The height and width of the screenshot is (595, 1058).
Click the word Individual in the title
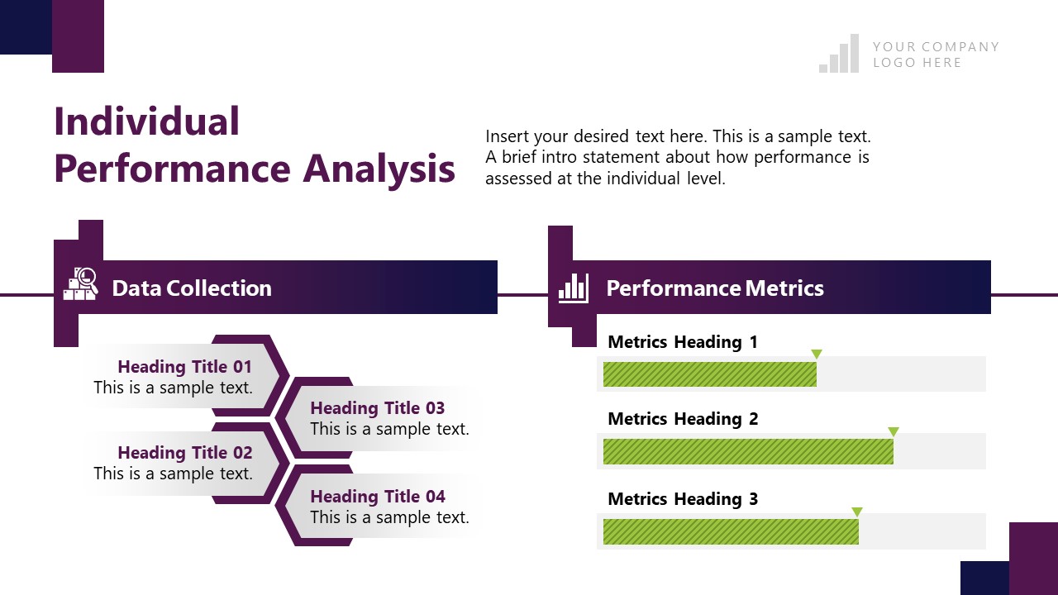[x=146, y=121]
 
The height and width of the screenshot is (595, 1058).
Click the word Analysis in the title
[x=379, y=169]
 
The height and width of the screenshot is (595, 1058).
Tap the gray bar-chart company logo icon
[x=839, y=55]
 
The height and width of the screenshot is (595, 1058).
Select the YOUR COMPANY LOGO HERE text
[x=935, y=55]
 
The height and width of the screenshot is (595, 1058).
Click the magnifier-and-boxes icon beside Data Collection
[x=81, y=284]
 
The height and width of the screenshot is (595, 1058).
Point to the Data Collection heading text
[x=191, y=288]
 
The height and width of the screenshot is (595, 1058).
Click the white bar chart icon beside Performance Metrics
[x=574, y=288]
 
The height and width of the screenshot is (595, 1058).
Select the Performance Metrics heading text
[x=714, y=288]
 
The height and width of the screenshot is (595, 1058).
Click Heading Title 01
[x=184, y=367]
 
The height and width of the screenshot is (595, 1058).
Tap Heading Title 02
[x=184, y=453]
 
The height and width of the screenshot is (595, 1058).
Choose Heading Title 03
[x=377, y=408]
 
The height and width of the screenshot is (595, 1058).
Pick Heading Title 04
[x=377, y=497]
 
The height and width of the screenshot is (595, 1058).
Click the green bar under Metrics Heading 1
[x=709, y=374]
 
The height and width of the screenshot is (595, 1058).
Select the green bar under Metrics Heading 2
[x=747, y=451]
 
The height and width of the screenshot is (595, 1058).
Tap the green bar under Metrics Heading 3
[x=730, y=531]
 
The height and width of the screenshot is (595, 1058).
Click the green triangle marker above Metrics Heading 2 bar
[x=893, y=431]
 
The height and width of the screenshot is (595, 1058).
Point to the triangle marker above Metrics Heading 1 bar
[x=816, y=354]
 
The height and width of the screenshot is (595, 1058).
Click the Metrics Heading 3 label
[x=682, y=499]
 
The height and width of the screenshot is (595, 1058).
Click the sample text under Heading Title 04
[x=389, y=518]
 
